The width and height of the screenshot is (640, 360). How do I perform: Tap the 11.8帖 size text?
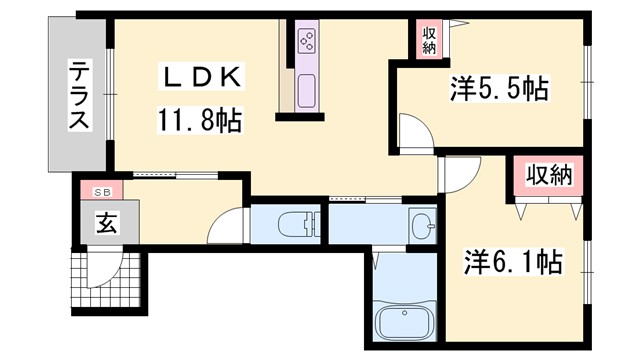coord(199,122)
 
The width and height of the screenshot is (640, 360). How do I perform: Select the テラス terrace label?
coord(77,96)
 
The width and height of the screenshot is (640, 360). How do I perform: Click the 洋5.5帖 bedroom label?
coord(498,90)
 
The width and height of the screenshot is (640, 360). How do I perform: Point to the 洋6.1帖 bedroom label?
coord(511,264)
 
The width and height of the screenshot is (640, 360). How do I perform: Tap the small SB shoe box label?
coord(103,191)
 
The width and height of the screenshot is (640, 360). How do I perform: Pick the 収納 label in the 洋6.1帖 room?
coord(549,176)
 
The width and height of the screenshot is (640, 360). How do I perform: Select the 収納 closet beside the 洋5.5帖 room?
coord(429,40)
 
